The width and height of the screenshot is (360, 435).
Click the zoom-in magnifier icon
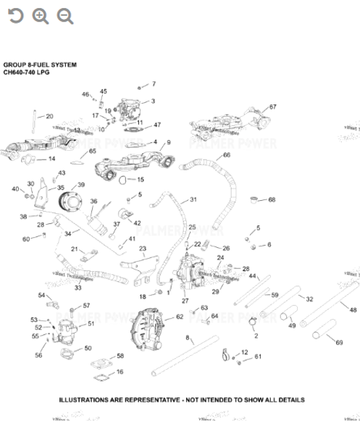pyautogui.click(x=41, y=16)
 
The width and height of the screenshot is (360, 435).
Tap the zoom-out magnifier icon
pyautogui.click(x=65, y=16)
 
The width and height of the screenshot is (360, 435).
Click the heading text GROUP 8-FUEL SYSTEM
pyautogui.click(x=40, y=65)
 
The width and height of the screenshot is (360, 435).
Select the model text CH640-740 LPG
pyautogui.click(x=29, y=72)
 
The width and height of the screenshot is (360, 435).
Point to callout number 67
pyautogui.click(x=272, y=107)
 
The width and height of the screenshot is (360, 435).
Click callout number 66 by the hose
pyautogui.click(x=227, y=155)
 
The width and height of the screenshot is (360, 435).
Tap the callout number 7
pyautogui.click(x=153, y=84)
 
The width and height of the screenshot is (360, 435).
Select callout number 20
pyautogui.click(x=49, y=116)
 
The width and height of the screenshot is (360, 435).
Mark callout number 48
pyautogui.click(x=353, y=310)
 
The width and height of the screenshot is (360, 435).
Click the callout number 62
pyautogui.click(x=179, y=317)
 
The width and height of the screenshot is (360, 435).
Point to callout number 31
pyautogui.click(x=193, y=199)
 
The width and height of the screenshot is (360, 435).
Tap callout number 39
pyautogui.click(x=81, y=185)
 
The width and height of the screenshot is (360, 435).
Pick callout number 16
pyautogui.click(x=120, y=372)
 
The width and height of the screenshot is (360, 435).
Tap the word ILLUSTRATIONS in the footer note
pyautogui.click(x=82, y=399)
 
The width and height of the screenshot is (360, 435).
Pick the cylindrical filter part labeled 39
pyautogui.click(x=70, y=199)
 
